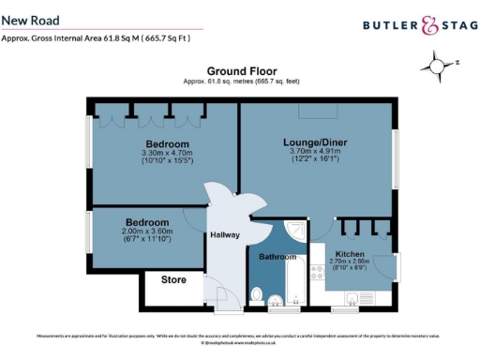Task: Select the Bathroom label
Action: [277, 257]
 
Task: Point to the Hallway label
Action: [225, 235]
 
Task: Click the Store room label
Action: [174, 279]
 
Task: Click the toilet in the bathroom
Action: [258, 294]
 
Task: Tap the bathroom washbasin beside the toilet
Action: [275, 301]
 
